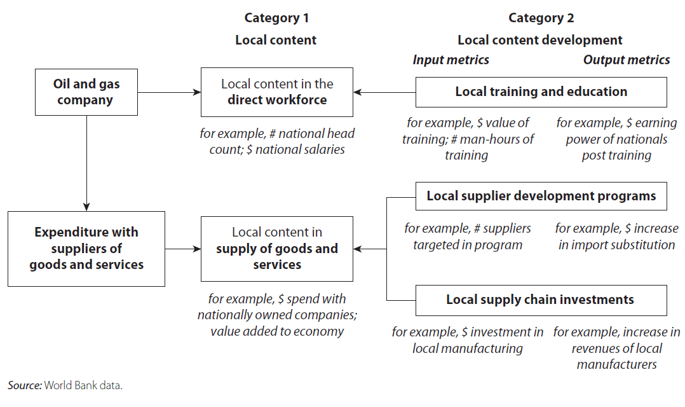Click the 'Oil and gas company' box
point(86,92)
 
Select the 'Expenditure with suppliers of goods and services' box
point(86,249)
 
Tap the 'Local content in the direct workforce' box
point(277,92)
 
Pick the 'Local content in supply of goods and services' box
point(277,249)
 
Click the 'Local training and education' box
point(541,92)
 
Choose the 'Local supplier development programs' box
point(541,197)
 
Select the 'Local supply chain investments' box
point(541,300)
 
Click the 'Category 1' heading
point(276,18)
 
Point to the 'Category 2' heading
point(541,18)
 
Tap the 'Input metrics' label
point(451,60)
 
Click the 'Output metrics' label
point(627,60)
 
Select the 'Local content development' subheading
point(540,40)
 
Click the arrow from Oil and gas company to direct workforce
point(170,92)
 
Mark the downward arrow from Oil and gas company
point(86,163)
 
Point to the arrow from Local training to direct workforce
point(384,92)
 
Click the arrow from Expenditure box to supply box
point(183,249)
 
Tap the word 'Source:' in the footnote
point(24,385)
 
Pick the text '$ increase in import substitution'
point(616,237)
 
